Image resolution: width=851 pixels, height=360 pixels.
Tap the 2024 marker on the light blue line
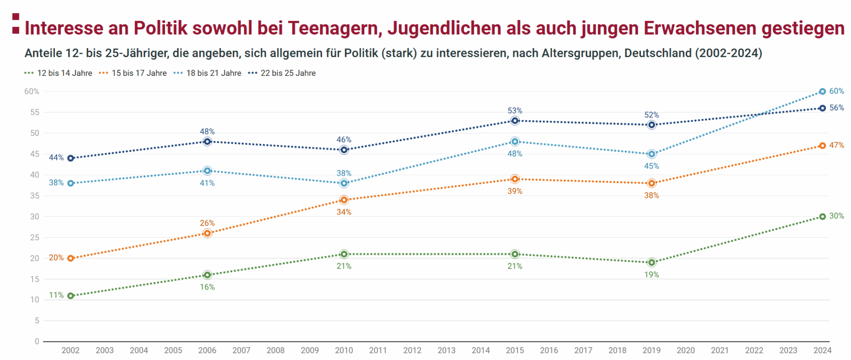click(x=822, y=92)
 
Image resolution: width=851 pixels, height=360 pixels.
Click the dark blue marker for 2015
click(x=515, y=121)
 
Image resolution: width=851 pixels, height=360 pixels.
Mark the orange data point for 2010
click(x=344, y=200)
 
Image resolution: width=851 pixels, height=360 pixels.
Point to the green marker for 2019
click(x=652, y=262)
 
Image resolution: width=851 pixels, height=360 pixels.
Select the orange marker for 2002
click(x=70, y=258)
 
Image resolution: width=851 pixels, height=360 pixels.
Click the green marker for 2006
click(x=207, y=275)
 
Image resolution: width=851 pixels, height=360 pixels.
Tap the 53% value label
click(x=515, y=110)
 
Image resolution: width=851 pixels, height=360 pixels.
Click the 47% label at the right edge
click(x=836, y=145)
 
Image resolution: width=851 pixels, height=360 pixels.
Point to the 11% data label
click(x=56, y=295)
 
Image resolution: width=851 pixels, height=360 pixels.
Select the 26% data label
click(x=207, y=223)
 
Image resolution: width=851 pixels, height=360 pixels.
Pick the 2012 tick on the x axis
click(x=412, y=350)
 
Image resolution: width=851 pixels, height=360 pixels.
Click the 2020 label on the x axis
click(x=686, y=350)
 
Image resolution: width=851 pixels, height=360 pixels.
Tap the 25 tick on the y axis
click(x=35, y=238)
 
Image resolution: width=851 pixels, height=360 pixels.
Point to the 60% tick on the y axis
click(x=31, y=92)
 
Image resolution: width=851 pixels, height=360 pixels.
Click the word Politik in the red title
click(x=161, y=28)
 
